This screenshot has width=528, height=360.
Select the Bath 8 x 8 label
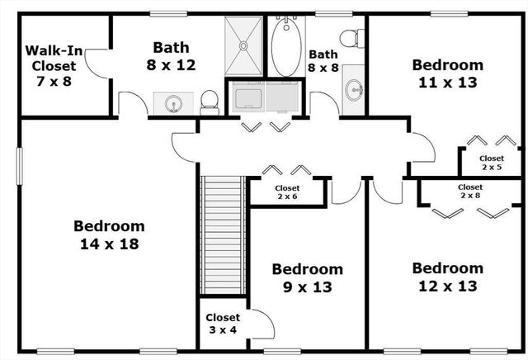pos(323,64)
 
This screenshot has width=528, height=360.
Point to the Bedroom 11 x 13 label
pos(447,73)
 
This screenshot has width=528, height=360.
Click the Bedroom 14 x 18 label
pos(109,234)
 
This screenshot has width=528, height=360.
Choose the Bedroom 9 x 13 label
pos(307,277)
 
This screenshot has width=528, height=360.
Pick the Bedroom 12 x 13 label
pos(447,277)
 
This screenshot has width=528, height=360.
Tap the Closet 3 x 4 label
pos(222,324)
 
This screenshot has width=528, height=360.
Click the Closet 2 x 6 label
pos(286,192)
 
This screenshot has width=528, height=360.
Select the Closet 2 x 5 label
pos(491,162)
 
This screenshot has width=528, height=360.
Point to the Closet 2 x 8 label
pos(470,192)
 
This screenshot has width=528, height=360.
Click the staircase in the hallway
pos(224,233)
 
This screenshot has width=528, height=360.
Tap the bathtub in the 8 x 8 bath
pos(287,47)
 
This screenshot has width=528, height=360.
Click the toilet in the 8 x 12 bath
pos(209,101)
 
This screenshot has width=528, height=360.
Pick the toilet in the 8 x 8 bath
pos(352,38)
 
